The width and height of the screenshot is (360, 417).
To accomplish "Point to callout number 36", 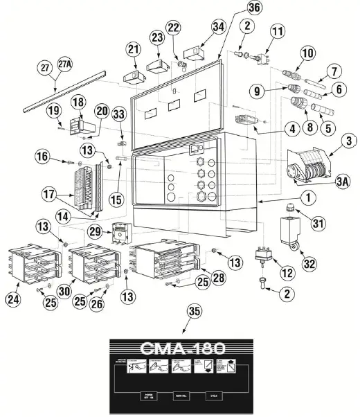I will [235, 9].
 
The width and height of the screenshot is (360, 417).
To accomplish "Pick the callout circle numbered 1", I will [307, 197].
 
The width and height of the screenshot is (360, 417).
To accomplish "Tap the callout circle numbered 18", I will [78, 102].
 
